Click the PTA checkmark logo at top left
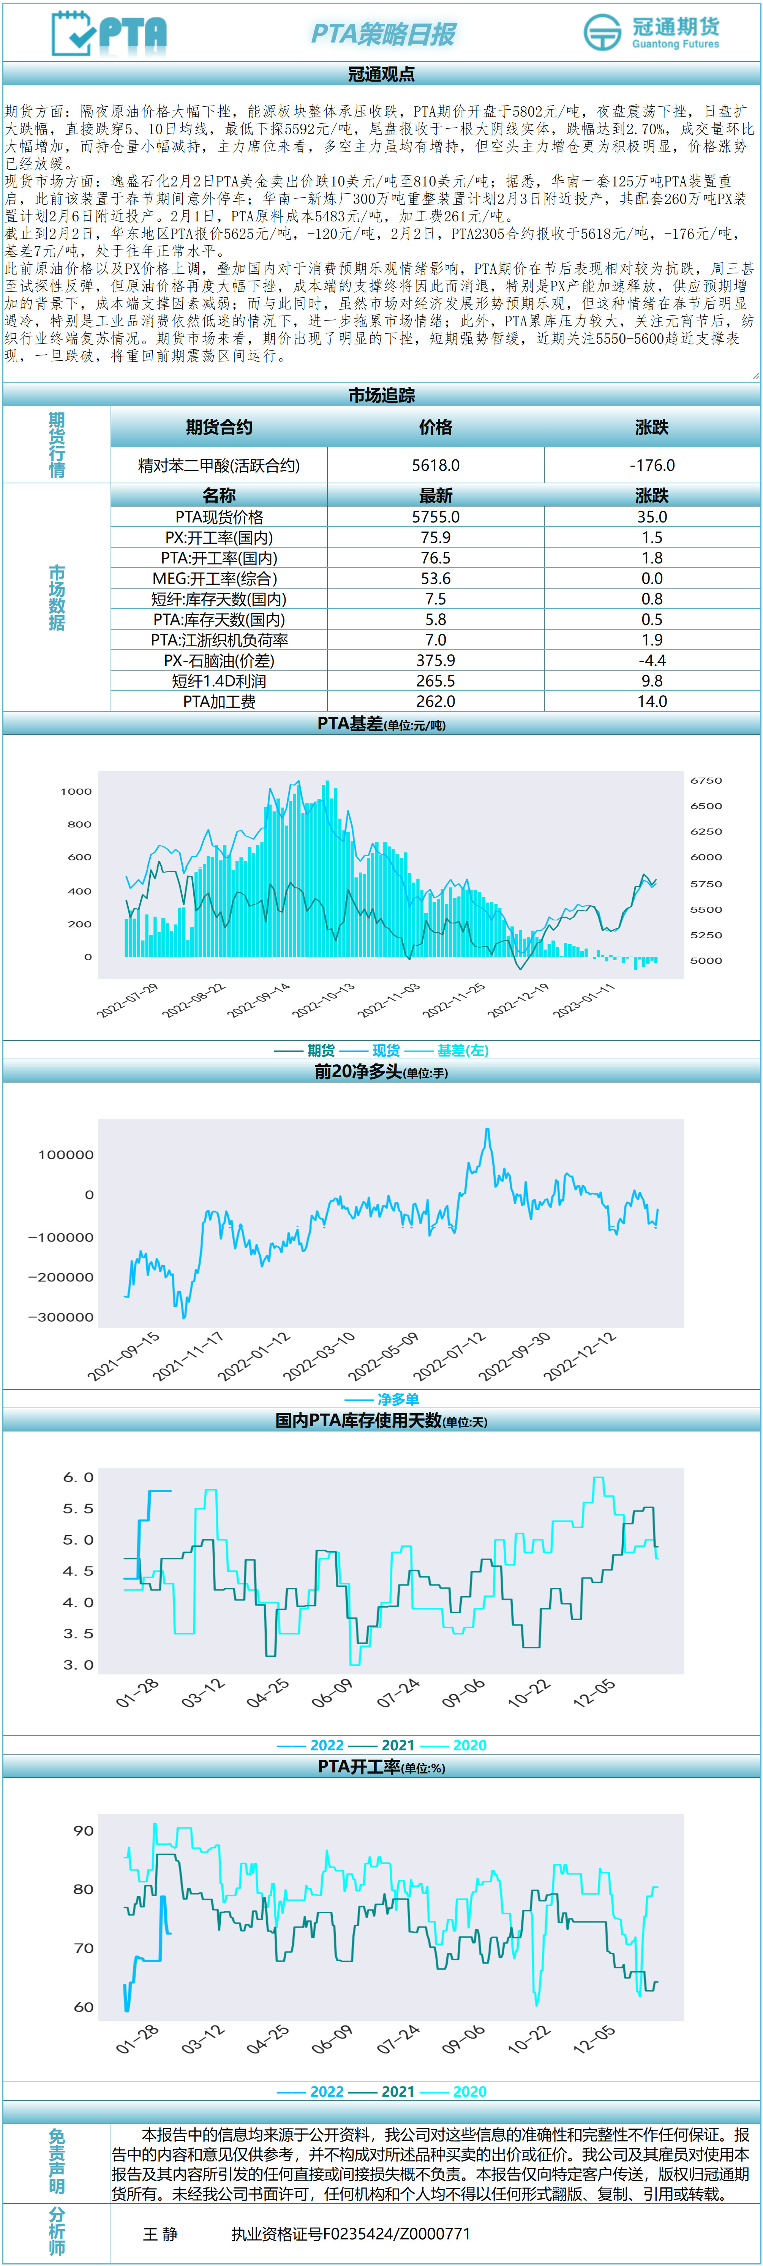pos(108,33)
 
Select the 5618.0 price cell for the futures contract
pos(436,466)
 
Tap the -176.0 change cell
pos(652,466)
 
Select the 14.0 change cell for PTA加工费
pos(652,701)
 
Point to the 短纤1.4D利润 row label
pos(219,681)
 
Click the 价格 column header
pos(436,428)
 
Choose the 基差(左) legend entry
pos(462,1050)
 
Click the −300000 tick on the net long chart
pos(61,1317)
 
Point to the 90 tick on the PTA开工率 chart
pos(84,1830)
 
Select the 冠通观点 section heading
pos(381,74)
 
